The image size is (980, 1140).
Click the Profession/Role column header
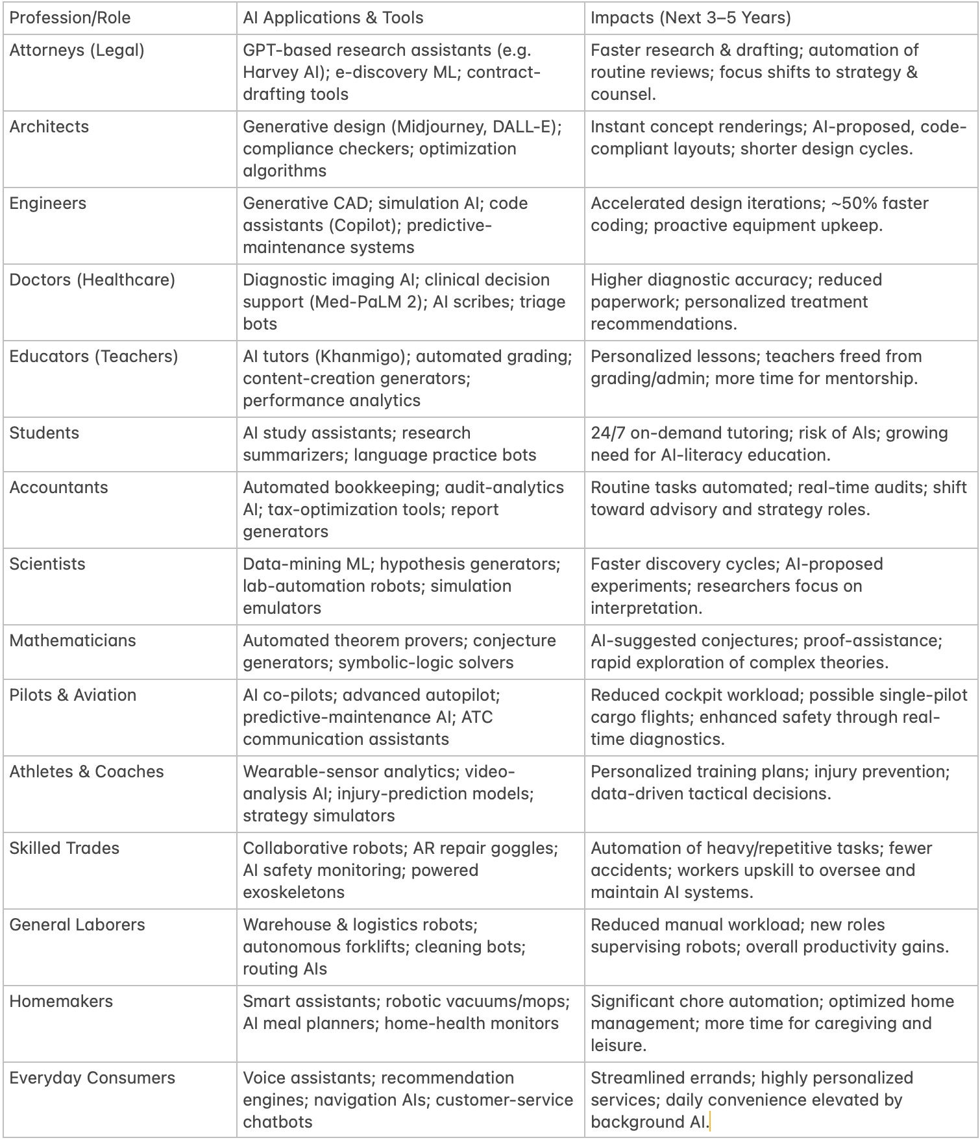point(69,18)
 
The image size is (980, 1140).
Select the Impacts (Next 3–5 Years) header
point(691,18)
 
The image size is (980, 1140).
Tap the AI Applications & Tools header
point(333,18)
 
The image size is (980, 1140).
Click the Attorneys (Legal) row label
point(77,50)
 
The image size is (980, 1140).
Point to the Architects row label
point(49,127)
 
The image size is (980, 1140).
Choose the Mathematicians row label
point(73,640)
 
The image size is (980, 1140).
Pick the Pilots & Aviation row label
point(73,695)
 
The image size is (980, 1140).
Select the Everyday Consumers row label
point(92,1078)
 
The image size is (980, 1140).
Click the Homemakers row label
point(61,1001)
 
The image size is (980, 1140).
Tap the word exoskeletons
point(293,892)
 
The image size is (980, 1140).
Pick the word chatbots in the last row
point(278,1122)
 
